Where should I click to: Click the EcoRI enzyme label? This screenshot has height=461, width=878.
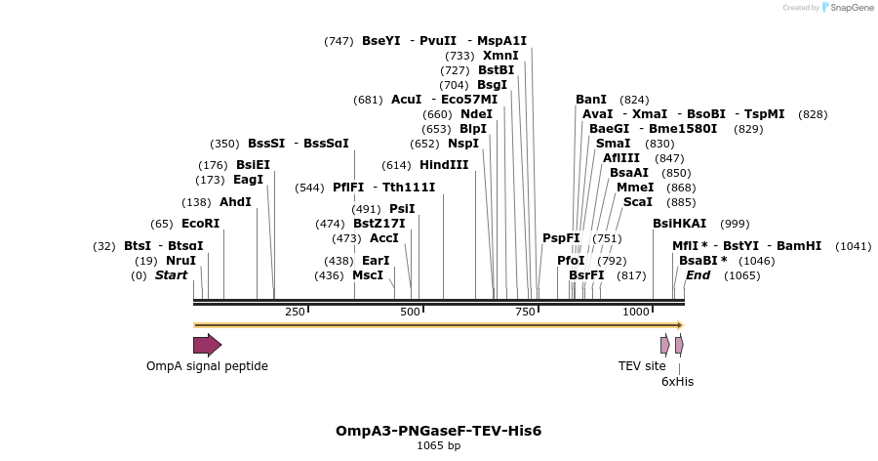click(x=200, y=224)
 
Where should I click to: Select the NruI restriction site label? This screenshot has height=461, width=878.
click(x=180, y=261)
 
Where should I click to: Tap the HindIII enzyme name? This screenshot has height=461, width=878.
click(x=444, y=165)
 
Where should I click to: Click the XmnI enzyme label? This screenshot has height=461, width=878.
click(x=500, y=56)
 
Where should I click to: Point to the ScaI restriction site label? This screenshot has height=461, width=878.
click(x=638, y=202)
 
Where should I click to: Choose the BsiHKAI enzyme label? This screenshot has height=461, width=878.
click(x=679, y=224)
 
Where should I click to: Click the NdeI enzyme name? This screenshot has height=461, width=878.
click(x=477, y=114)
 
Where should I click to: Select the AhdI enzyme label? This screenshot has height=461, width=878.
click(x=235, y=202)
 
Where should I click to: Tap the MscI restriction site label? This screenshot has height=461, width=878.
click(x=368, y=275)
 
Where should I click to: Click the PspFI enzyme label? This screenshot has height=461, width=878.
click(x=561, y=238)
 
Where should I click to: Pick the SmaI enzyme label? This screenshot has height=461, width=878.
click(x=613, y=144)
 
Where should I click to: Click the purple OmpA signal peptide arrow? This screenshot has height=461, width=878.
click(x=207, y=345)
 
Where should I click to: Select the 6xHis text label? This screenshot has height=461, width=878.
click(x=677, y=382)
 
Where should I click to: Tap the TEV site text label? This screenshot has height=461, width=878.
click(x=642, y=366)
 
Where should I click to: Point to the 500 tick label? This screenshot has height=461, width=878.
click(x=410, y=312)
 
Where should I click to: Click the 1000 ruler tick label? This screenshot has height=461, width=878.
click(x=636, y=312)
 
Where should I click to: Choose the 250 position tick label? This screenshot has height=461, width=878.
click(x=295, y=312)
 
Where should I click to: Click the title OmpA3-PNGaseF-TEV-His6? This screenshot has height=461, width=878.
click(x=438, y=431)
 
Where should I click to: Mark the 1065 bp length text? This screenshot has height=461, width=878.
click(x=438, y=446)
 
